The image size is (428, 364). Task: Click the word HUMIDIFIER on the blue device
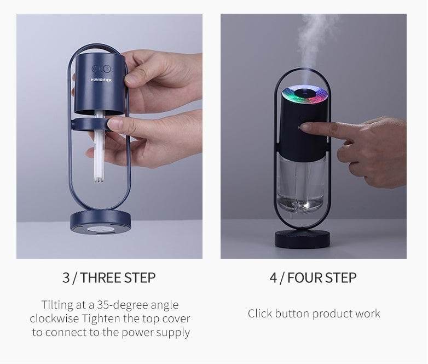pos(101,80)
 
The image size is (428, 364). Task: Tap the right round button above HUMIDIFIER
pos(107,69)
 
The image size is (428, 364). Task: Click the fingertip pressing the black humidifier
pos(304,127)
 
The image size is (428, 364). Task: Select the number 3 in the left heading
pos(66,277)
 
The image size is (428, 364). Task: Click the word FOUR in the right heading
pos(304,277)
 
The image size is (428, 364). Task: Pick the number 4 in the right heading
pos(273,277)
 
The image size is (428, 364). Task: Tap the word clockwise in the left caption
pos(55,318)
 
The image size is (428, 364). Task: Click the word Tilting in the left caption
pos(57,305)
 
